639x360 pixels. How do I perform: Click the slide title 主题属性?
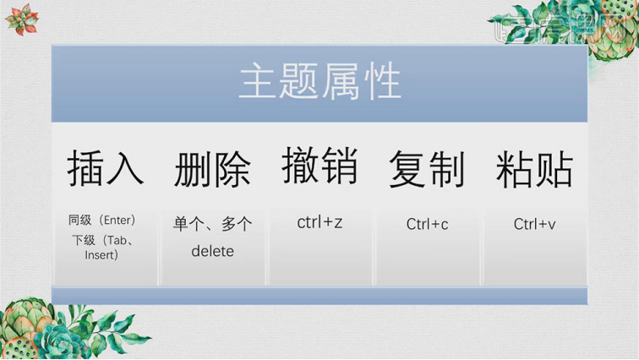coord(319,85)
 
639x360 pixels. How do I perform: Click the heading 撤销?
coord(319,166)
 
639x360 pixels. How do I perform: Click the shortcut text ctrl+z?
coord(319,222)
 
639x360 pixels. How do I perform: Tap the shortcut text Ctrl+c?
coord(427,224)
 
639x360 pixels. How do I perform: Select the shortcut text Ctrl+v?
coord(534,224)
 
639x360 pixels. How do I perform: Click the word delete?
coord(212,251)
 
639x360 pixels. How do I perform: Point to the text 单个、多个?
coord(212,224)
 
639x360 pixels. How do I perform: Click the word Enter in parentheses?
coord(116,220)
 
